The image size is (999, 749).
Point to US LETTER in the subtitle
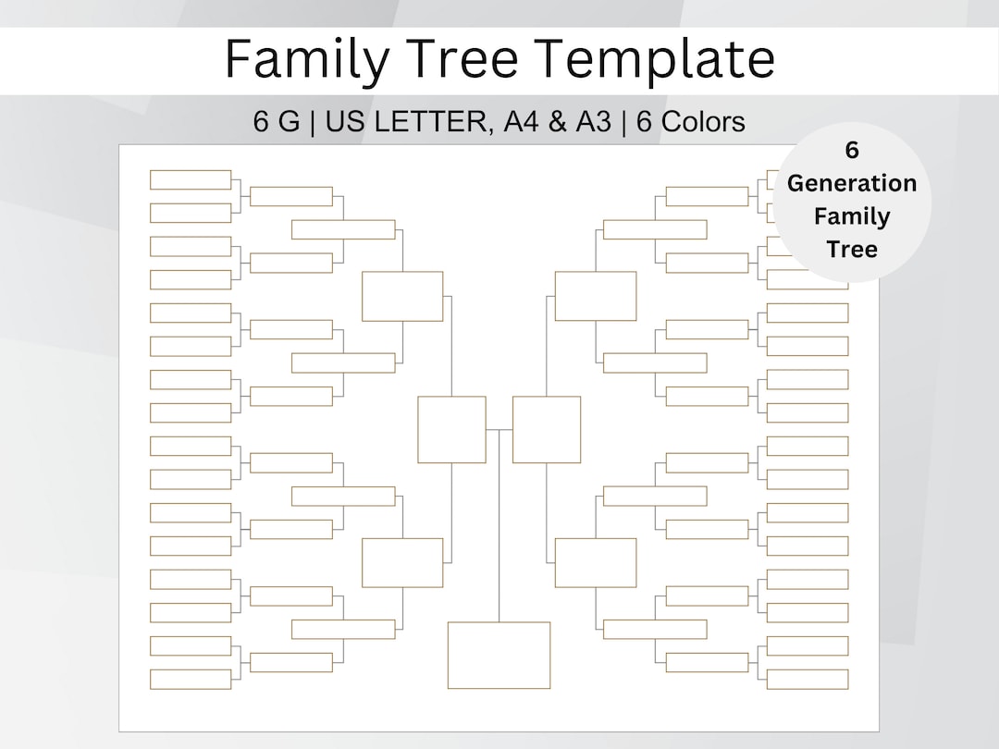click(407, 122)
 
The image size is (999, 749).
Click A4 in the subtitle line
click(521, 122)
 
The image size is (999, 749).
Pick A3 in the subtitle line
click(594, 122)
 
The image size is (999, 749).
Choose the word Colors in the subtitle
click(703, 122)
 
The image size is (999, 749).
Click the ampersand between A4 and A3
click(558, 122)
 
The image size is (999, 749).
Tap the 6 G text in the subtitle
click(277, 122)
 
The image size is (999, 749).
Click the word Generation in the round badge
click(852, 183)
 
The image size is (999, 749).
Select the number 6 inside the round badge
click(852, 151)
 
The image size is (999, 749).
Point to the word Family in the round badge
click(852, 216)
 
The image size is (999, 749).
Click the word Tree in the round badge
click(852, 249)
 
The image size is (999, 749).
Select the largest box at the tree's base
click(499, 656)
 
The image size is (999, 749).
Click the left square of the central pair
click(451, 430)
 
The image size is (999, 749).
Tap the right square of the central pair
click(547, 430)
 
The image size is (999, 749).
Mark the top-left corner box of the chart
click(191, 179)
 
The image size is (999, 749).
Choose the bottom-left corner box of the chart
click(191, 679)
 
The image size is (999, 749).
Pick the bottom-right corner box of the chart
click(808, 679)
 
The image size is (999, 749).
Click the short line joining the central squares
click(499, 430)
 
